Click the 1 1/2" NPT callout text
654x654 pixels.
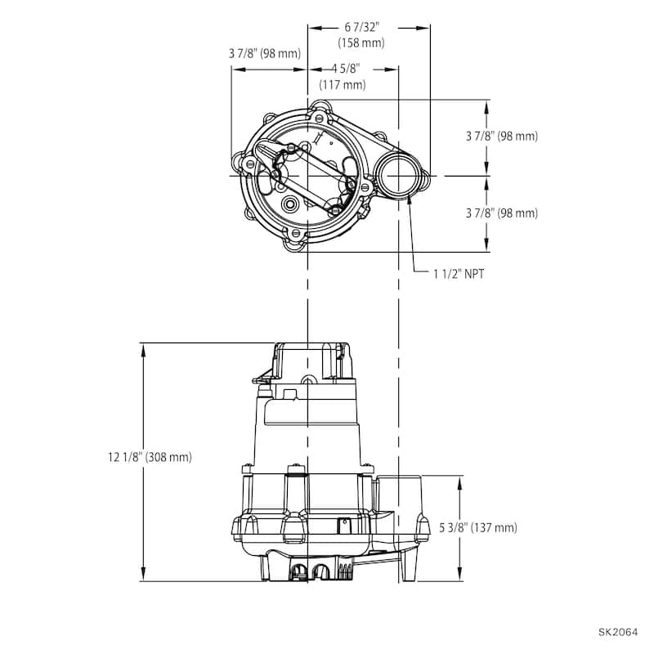tap(459, 274)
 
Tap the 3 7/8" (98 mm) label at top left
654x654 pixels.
tap(265, 53)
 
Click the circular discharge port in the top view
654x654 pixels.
tap(398, 176)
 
